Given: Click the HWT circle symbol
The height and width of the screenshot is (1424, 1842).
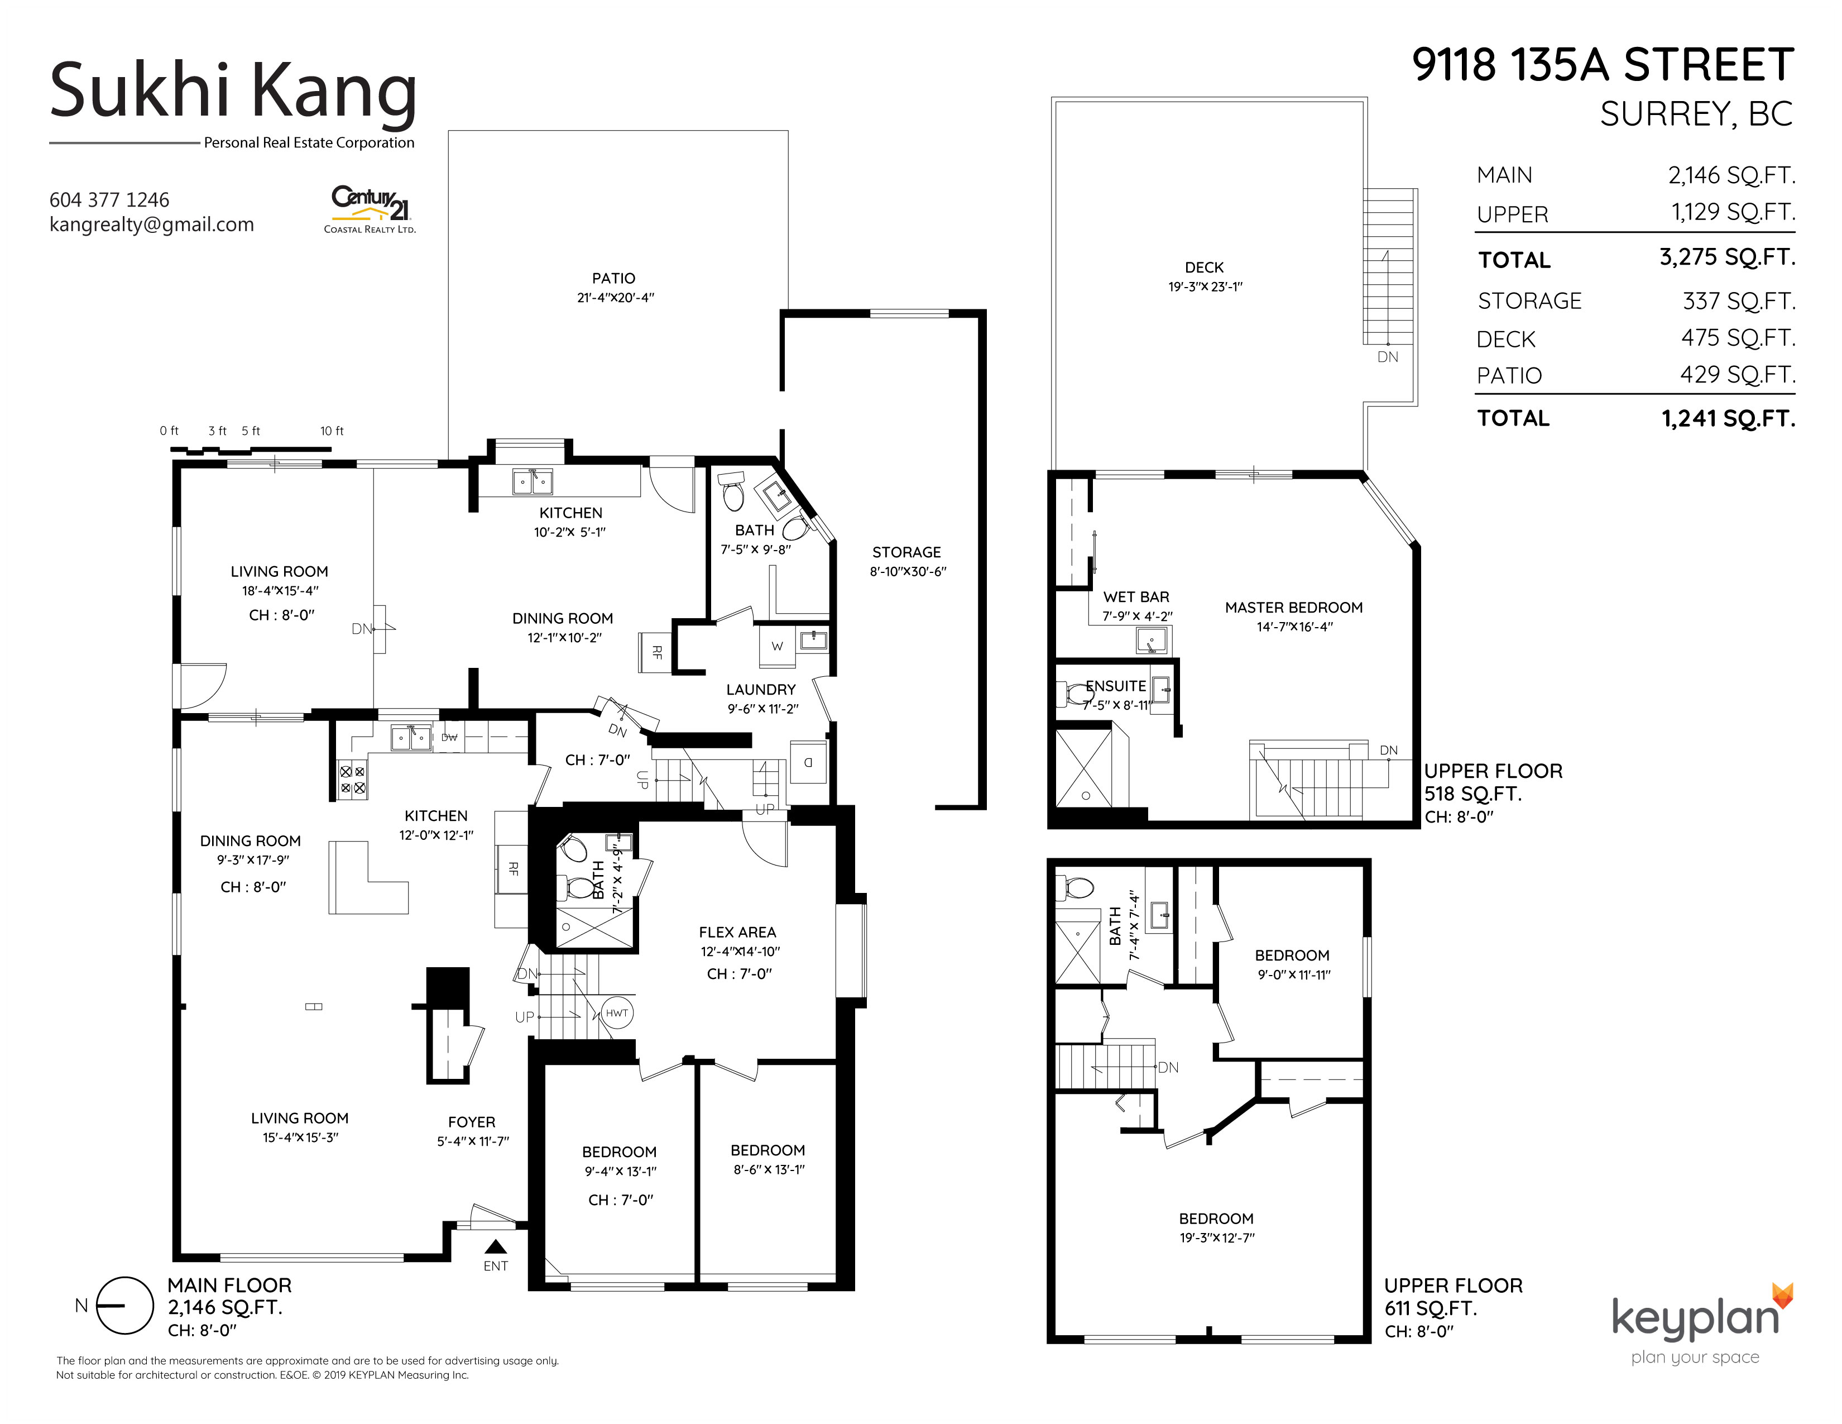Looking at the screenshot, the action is point(617,1012).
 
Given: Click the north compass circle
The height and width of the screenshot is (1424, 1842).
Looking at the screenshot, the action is point(125,1306).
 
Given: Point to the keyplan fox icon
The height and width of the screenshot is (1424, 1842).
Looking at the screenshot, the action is point(1782,1295).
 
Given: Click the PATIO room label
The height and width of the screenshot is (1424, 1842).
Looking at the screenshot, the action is point(613,279).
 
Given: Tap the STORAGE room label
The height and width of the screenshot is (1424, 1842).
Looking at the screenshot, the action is point(906,552).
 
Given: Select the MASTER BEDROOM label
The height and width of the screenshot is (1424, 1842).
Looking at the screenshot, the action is point(1294,608).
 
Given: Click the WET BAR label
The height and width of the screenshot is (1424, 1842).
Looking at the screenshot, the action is point(1136,598).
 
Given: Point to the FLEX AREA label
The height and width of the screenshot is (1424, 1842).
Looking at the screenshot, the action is point(737,932).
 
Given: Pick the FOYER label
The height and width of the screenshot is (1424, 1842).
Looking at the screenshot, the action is point(472,1122).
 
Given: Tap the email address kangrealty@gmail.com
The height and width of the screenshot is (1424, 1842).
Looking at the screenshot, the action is point(152,224).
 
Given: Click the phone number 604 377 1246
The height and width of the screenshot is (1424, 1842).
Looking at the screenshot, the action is point(109,200).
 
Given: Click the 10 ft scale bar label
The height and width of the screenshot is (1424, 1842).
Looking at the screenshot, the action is point(332,431).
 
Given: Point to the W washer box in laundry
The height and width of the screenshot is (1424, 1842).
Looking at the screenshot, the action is point(777,646).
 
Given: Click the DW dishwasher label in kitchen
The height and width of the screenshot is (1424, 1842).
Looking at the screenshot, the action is point(449,737).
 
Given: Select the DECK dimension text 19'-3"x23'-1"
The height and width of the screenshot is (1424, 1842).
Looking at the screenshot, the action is point(1205,287).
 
